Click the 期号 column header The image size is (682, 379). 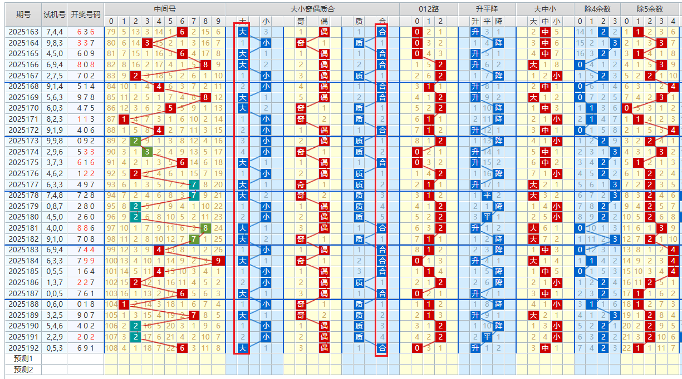tap(23, 14)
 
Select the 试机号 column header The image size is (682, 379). tap(55, 14)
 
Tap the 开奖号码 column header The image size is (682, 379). tap(86, 14)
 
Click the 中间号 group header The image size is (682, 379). tap(164, 9)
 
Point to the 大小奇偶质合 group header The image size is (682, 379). tap(312, 9)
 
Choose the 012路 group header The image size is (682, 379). tap(429, 9)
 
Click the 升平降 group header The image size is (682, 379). tap(487, 9)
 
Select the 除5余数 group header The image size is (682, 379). tap(650, 9)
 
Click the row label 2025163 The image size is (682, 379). tap(23, 32)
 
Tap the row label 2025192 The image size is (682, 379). tap(23, 348)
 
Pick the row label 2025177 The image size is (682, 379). tap(23, 184)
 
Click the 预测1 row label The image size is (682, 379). tap(23, 359)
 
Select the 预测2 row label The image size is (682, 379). tap(23, 370)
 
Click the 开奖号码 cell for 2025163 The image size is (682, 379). tap(86, 32)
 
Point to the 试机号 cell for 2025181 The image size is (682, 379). tap(55, 228)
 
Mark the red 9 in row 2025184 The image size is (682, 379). tap(218, 261)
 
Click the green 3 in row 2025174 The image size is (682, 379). tap(147, 152)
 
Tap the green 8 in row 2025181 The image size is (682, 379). tap(205, 228)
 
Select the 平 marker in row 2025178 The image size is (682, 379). tap(487, 196)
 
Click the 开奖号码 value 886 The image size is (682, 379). tap(86, 228)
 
